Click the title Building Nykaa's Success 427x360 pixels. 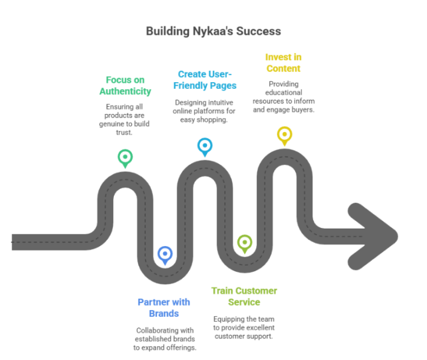[x=213, y=31]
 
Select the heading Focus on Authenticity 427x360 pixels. [x=125, y=85]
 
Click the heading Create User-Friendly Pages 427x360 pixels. [x=206, y=79]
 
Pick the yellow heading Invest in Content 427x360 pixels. [x=283, y=63]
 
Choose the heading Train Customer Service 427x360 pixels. [x=243, y=296]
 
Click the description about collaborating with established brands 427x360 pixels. [x=165, y=338]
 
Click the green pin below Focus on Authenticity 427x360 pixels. [x=125, y=158]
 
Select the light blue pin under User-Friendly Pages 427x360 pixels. [x=205, y=146]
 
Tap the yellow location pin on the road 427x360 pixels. [x=284, y=134]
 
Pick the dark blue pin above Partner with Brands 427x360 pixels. [x=165, y=254]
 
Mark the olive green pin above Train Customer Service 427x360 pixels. [x=244, y=242]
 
